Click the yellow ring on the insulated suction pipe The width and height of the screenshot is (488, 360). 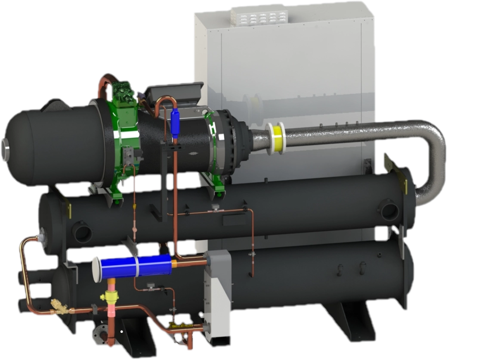tap(275, 138)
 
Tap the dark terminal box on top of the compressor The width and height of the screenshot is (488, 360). tap(172, 93)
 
